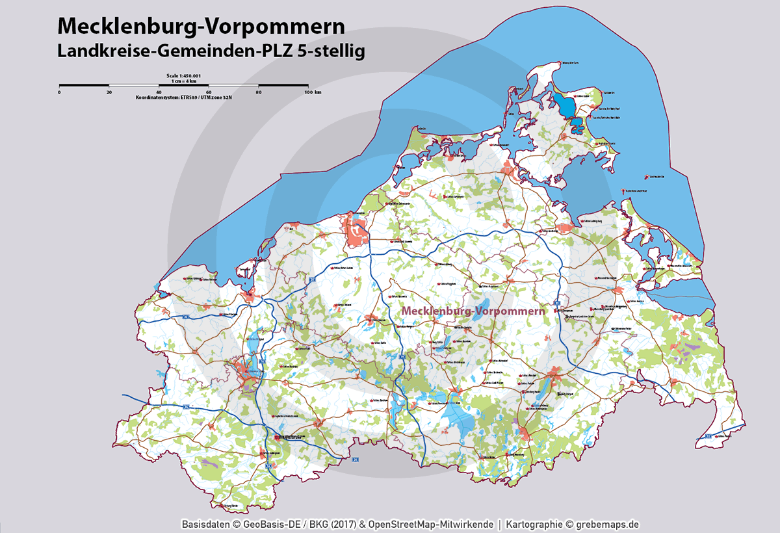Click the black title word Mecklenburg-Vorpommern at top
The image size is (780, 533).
tap(201, 26)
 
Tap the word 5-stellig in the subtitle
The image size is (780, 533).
tap(330, 51)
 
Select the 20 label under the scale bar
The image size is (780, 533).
tap(109, 92)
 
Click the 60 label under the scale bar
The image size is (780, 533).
tap(209, 92)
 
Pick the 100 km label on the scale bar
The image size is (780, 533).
tap(313, 92)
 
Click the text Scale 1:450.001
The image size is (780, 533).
tap(185, 76)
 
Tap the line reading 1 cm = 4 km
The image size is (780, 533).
tap(185, 81)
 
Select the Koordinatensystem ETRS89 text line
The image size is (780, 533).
tap(185, 97)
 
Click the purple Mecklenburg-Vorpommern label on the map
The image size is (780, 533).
tap(473, 311)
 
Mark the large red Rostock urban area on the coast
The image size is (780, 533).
tap(357, 230)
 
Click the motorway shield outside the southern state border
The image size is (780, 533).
tap(355, 460)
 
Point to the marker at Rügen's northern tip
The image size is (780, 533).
tap(558, 63)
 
